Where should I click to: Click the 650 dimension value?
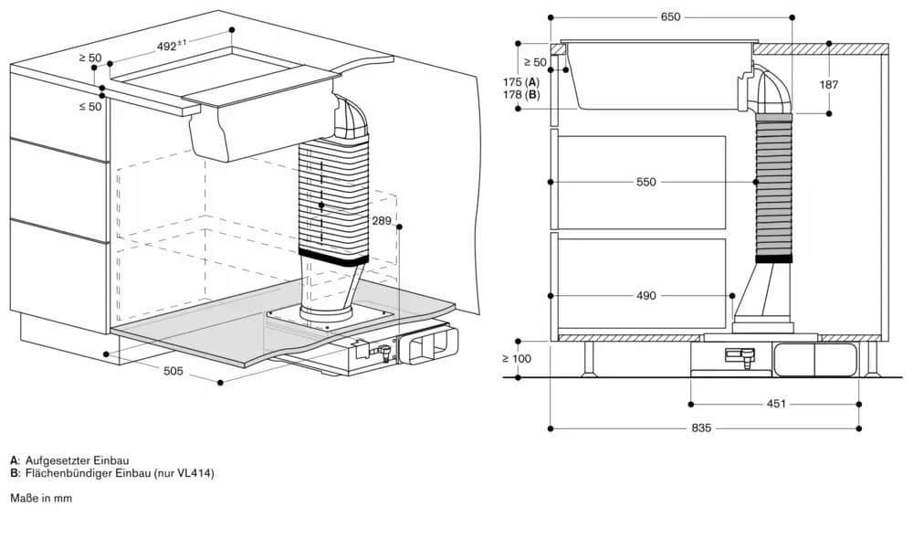pyautogui.click(x=671, y=17)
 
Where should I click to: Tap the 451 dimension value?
pyautogui.click(x=774, y=404)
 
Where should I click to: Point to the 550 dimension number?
pyautogui.click(x=645, y=183)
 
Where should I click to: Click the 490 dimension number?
pyautogui.click(x=645, y=296)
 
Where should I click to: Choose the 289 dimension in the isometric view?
pyautogui.click(x=383, y=221)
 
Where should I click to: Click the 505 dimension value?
pyautogui.click(x=173, y=371)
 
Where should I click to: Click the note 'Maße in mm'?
pyautogui.click(x=41, y=498)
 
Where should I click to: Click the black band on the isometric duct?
pyautogui.click(x=332, y=258)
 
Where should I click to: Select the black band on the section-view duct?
pyautogui.click(x=774, y=258)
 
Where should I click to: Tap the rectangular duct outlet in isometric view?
pyautogui.click(x=428, y=345)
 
